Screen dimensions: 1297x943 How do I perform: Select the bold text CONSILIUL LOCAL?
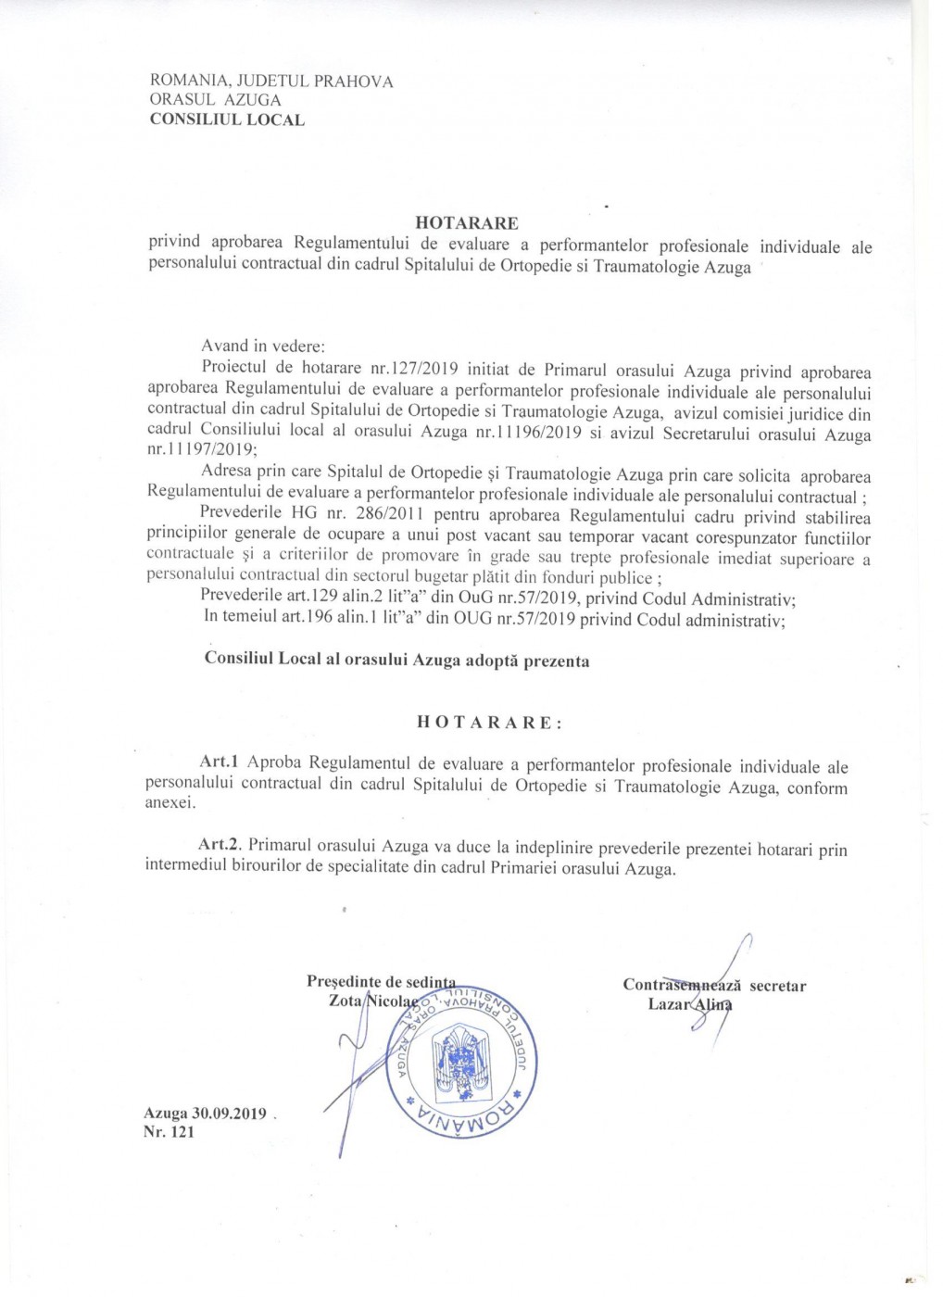227,120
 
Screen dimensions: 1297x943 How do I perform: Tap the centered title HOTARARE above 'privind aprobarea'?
467,223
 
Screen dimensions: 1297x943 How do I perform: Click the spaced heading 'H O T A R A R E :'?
489,723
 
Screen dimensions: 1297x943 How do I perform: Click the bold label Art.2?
220,845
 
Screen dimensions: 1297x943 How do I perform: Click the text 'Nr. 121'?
170,1132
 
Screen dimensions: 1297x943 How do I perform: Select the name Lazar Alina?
690,1004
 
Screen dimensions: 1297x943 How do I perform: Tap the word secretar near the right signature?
778,986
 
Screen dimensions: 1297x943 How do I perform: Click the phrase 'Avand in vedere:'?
263,346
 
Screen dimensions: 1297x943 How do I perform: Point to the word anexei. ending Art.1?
170,803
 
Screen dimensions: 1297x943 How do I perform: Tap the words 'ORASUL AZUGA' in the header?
215,100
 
